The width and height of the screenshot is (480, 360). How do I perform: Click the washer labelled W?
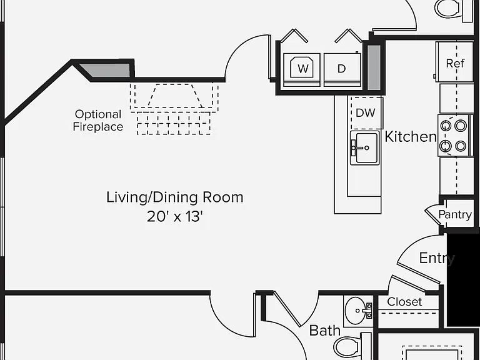(302, 70)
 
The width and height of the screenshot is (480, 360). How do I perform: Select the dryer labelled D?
(342, 70)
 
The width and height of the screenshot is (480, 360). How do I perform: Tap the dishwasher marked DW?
(366, 113)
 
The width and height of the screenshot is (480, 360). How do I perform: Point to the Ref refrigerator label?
(455, 63)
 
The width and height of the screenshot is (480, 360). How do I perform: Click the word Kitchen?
(411, 136)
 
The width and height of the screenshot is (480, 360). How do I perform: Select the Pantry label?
(455, 214)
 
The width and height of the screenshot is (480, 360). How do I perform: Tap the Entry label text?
(437, 258)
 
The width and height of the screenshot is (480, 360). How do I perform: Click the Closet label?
(404, 302)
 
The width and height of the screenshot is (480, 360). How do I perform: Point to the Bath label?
(325, 331)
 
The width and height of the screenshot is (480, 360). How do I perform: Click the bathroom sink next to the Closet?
(358, 311)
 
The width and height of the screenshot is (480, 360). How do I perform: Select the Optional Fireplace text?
(98, 120)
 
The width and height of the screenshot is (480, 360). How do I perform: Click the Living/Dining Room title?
(175, 197)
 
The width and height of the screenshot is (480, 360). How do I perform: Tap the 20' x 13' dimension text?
(175, 216)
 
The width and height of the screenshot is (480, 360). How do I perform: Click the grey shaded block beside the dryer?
(374, 67)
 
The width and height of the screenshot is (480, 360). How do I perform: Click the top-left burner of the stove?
(446, 126)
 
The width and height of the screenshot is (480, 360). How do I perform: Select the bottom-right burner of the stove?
(461, 146)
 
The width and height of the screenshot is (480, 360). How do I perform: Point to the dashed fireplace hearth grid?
(174, 123)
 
